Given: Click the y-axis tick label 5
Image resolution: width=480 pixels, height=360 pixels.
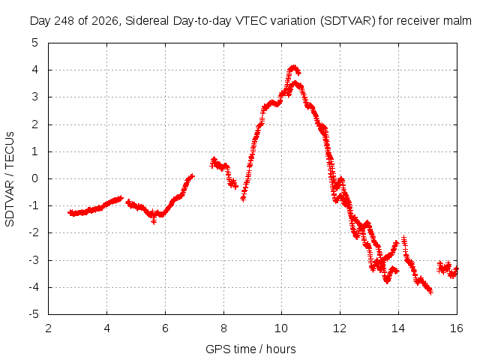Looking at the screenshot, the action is [35, 43].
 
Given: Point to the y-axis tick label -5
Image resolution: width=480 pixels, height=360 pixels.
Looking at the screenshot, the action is [33, 314].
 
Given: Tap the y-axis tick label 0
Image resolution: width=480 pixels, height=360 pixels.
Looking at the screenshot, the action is [35, 178].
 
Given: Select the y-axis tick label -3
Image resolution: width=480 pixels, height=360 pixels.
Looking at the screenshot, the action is [33, 260].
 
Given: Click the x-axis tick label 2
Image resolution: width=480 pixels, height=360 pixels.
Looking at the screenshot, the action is [48, 328].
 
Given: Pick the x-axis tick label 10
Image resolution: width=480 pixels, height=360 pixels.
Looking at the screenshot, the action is [281, 328].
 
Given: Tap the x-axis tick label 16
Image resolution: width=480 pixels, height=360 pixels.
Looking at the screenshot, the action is [457, 328].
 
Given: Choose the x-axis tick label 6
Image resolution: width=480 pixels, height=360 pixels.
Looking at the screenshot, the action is [165, 328].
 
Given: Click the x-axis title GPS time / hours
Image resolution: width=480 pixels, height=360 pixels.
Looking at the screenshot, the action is [250, 349].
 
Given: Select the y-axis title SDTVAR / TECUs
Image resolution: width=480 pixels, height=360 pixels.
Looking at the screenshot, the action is [10, 179].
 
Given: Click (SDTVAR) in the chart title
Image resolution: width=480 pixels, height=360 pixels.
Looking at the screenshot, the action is [348, 21].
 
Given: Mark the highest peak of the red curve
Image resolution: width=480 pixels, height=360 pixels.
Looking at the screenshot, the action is [294, 67].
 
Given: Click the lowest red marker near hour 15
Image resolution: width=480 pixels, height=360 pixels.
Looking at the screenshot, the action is [430, 292].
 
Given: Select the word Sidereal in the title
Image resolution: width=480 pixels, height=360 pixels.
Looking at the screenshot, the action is [147, 21].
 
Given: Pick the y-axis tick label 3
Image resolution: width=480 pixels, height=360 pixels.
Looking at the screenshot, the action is [35, 97].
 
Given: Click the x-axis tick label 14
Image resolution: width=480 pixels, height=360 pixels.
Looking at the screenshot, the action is [398, 328].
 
